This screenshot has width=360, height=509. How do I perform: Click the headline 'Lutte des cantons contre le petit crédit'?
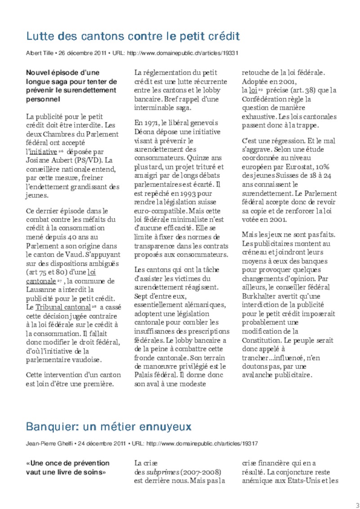tap(133, 36)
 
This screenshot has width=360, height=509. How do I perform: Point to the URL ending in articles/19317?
tap(202, 443)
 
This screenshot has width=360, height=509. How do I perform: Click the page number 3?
tap(357, 504)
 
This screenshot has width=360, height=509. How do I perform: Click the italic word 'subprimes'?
tap(162, 472)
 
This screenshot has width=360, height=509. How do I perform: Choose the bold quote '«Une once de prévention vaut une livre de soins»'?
tap(67, 468)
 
